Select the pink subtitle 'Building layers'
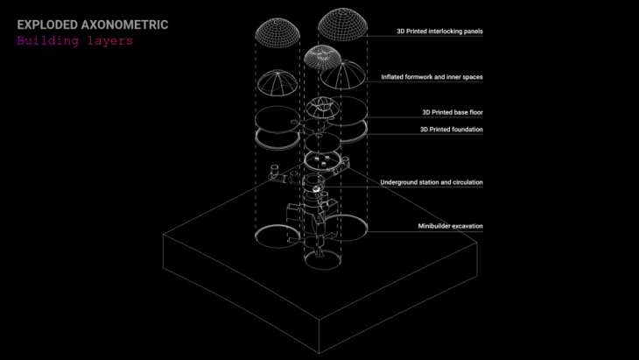tap(74, 41)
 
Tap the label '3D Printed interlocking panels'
tap(439, 32)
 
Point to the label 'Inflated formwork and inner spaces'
tap(432, 77)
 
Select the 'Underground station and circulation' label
tap(432, 182)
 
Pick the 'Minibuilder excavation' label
tap(450, 226)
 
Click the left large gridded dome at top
tap(278, 32)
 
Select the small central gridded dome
tap(325, 58)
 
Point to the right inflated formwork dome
tap(342, 77)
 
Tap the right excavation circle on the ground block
tap(344, 229)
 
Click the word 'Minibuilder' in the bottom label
tap(434, 226)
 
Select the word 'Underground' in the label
tap(400, 182)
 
